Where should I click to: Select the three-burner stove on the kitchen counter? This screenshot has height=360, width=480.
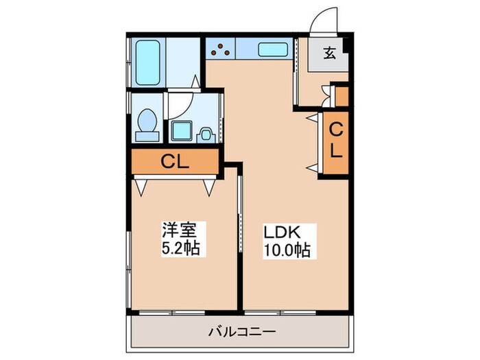tap(221, 49)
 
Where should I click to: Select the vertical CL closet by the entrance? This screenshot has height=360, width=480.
tap(336, 141)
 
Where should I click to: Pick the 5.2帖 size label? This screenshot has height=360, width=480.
tap(180, 248)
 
